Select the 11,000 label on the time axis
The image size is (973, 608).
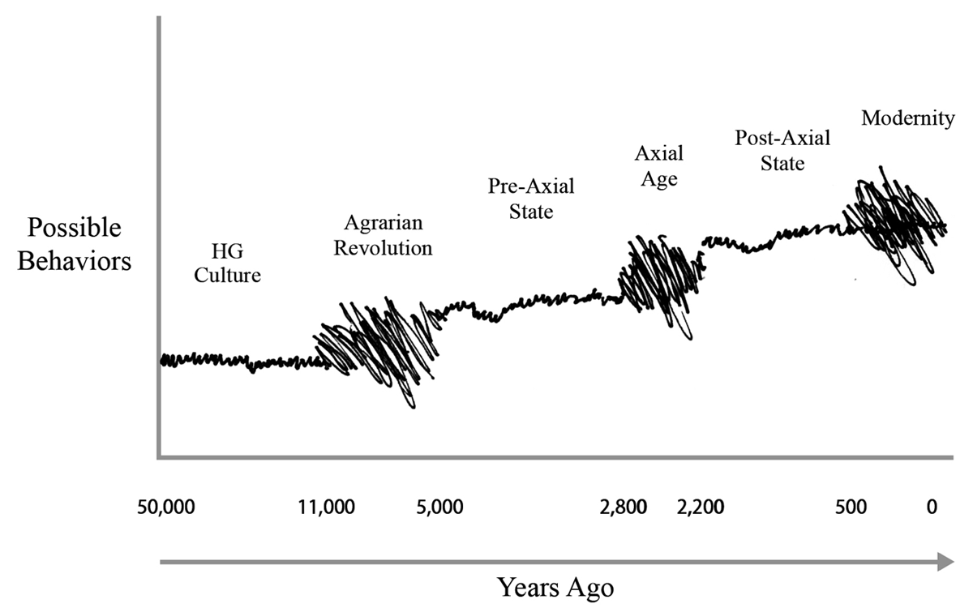(327, 508)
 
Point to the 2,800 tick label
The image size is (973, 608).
(624, 508)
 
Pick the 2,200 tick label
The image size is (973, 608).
(701, 508)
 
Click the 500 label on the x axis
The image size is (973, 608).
(851, 508)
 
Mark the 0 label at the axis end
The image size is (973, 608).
(932, 508)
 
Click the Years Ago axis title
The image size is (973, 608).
(555, 586)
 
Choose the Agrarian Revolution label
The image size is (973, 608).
(383, 236)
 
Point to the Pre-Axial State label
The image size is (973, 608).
(531, 199)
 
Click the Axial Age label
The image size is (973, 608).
(658, 166)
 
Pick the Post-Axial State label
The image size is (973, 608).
(782, 151)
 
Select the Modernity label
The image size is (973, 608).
(907, 118)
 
